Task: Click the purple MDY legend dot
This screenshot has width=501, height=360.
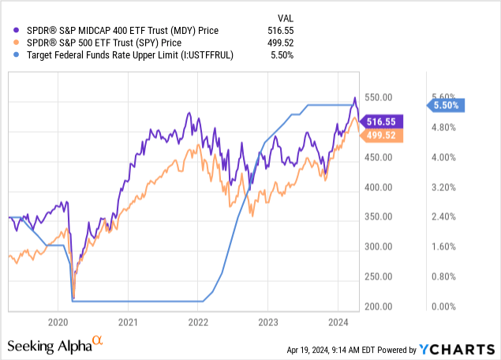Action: click(11, 30)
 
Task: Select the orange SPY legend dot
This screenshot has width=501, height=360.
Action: click(11, 43)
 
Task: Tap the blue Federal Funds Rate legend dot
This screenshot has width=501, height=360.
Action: click(11, 55)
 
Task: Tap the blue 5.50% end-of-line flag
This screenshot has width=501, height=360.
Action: click(447, 104)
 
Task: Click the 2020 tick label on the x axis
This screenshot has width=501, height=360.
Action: click(59, 323)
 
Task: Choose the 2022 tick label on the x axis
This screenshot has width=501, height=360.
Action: click(198, 323)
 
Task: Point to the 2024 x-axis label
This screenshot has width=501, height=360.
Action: click(338, 323)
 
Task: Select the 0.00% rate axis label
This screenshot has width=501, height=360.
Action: click(445, 306)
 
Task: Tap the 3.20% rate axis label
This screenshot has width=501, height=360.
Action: click(445, 187)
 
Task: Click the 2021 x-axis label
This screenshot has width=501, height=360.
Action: click(129, 323)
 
